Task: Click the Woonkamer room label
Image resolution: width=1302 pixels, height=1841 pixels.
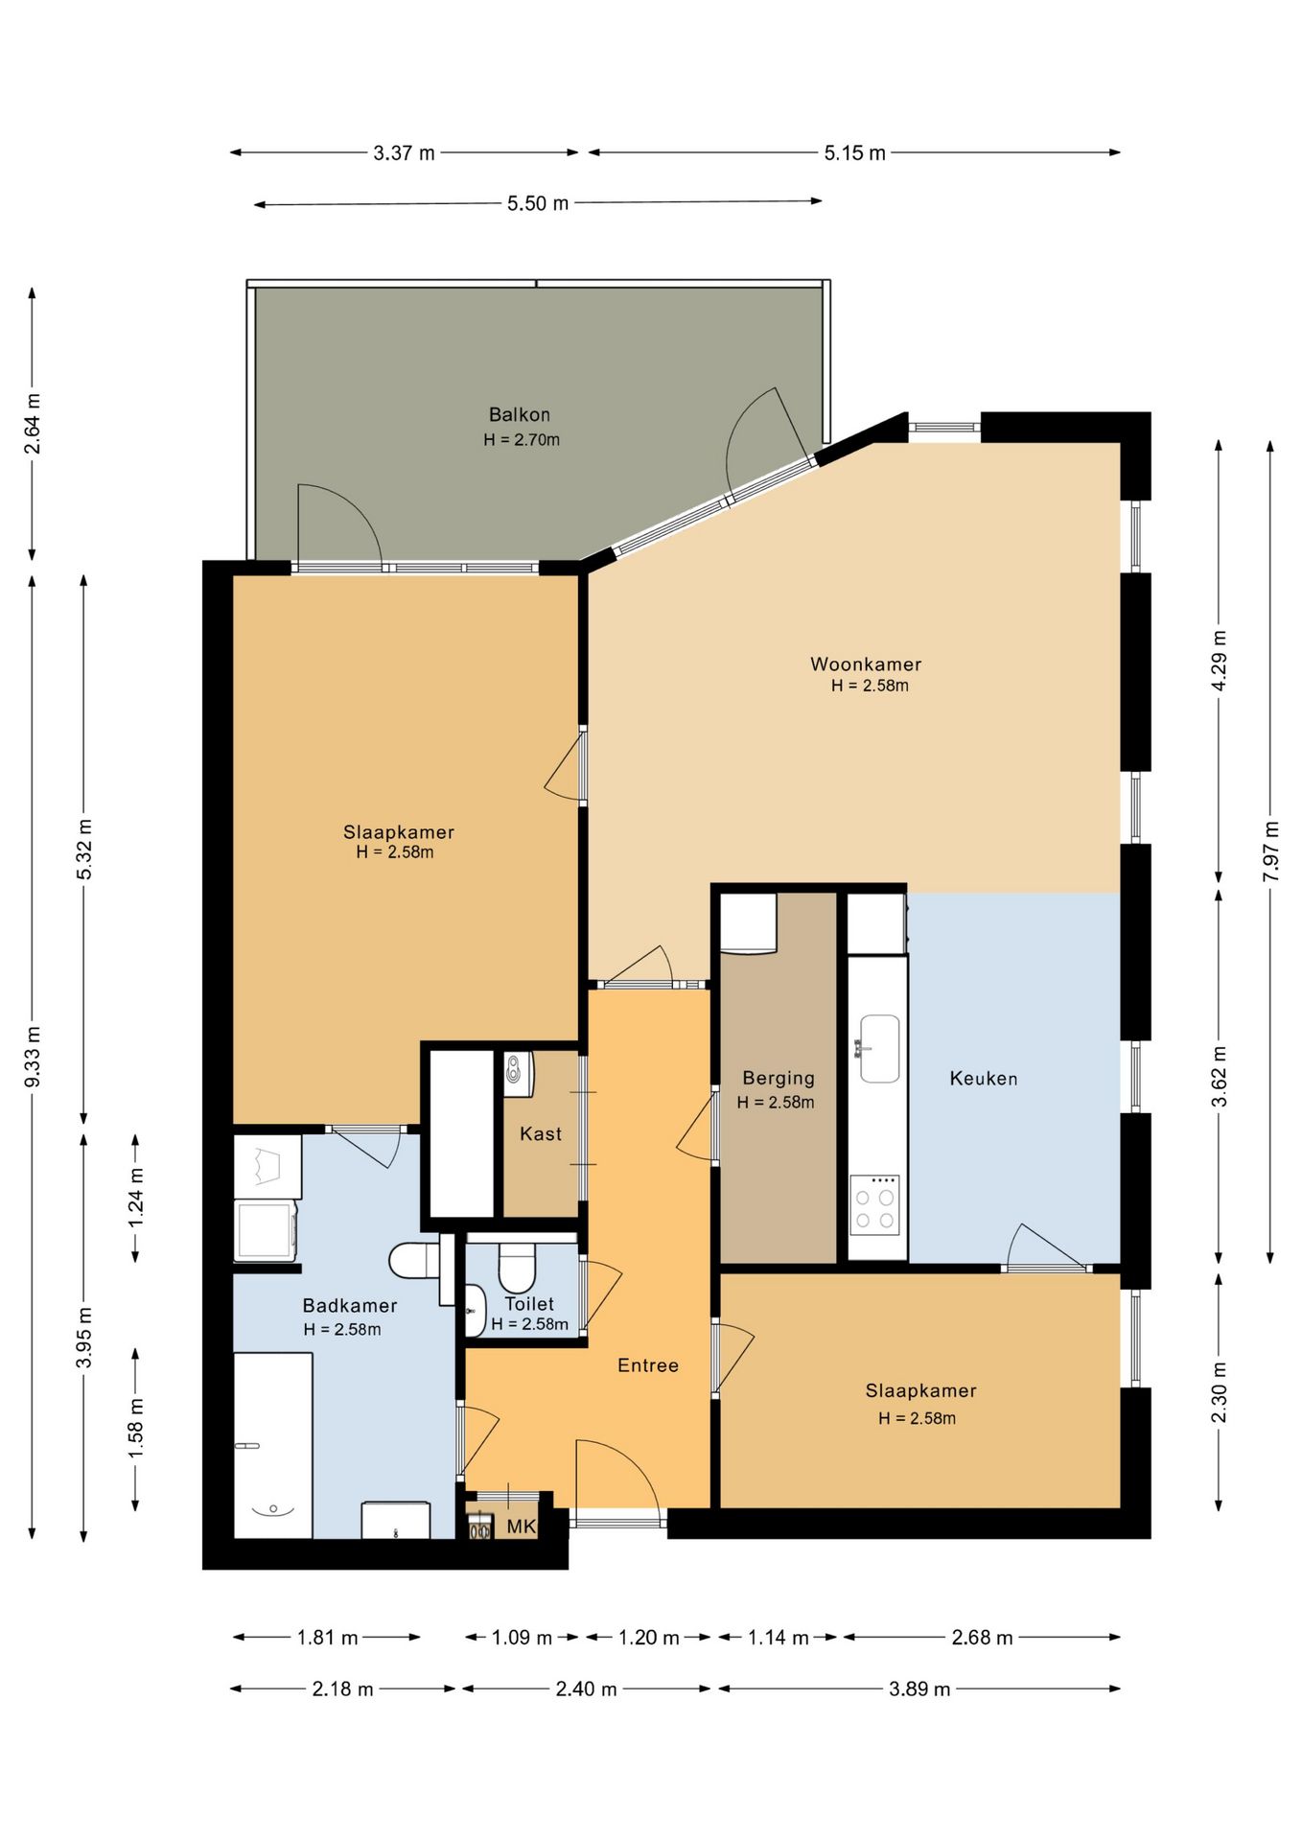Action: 866,664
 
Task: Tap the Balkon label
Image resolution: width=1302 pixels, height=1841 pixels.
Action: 520,414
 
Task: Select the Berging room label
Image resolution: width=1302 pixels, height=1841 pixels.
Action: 779,1078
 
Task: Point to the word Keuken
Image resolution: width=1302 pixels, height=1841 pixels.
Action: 984,1078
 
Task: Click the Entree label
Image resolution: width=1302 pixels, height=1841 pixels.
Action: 648,1365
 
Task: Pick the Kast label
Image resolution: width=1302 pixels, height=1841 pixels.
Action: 541,1133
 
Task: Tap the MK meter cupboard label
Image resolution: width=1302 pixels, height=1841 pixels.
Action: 522,1526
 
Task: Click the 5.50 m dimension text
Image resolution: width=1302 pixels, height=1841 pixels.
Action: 538,203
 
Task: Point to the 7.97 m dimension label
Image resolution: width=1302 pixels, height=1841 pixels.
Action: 1271,851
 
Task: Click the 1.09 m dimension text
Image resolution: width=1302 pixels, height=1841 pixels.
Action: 522,1638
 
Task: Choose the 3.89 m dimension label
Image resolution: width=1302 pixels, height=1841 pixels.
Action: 919,1690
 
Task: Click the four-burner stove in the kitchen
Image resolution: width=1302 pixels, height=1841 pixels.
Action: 874,1204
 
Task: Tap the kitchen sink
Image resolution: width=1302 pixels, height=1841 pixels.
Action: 879,1048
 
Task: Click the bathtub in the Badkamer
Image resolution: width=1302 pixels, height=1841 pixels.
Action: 273,1445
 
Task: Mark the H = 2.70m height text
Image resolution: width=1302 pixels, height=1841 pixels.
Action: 522,440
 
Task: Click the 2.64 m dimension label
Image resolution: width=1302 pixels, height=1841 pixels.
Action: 33,424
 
